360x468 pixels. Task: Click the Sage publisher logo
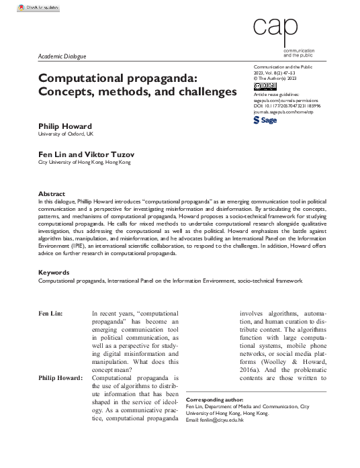264,120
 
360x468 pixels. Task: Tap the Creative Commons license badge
261,85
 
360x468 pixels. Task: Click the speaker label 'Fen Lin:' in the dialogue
52,314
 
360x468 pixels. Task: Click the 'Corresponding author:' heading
214,399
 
